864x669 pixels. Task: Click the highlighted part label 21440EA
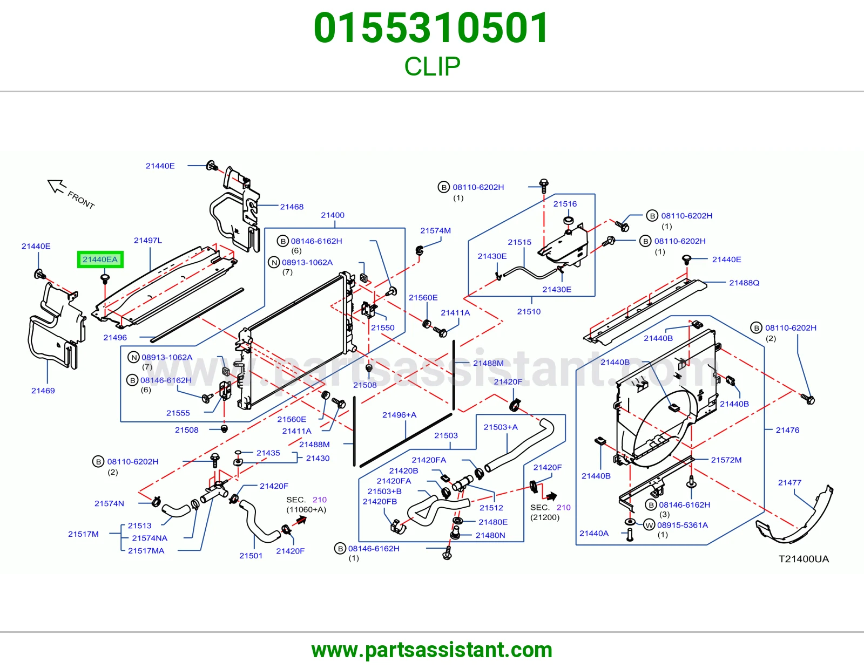coord(100,260)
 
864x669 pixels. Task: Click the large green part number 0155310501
coord(431,28)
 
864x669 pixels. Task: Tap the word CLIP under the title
coord(432,66)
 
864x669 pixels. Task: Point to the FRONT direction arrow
coord(57,186)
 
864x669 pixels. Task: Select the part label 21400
coord(333,215)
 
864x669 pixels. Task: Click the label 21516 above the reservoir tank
coord(565,204)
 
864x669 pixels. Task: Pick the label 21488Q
coord(744,283)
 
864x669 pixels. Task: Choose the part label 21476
coord(787,430)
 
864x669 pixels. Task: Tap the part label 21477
coord(789,483)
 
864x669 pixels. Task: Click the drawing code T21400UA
coord(804,559)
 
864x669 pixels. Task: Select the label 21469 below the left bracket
coord(43,391)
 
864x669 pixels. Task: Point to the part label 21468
coord(292,207)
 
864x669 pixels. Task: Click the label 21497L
coord(148,240)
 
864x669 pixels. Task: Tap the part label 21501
coord(251,556)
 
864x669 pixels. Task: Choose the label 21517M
coord(83,534)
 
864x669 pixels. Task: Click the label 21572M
coord(726,460)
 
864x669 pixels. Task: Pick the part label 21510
coord(529,311)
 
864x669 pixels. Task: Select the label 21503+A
coord(501,427)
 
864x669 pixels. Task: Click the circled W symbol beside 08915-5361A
coord(649,525)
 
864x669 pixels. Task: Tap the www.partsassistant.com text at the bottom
coord(432,650)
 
